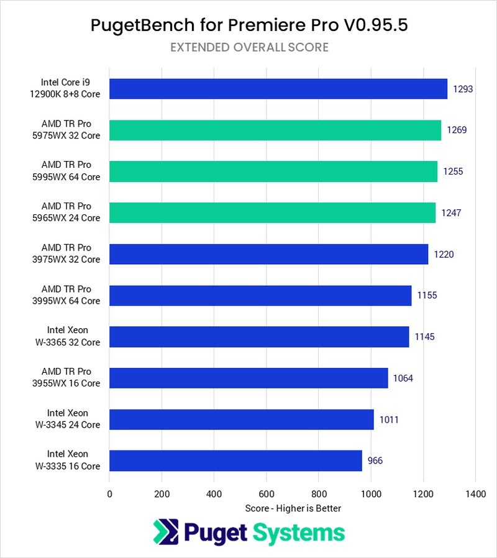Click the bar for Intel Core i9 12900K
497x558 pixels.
(x=278, y=89)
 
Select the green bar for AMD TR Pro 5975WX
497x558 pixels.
(x=275, y=130)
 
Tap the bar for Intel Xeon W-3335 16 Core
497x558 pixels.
(x=235, y=460)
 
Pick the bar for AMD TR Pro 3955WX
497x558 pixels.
(x=248, y=378)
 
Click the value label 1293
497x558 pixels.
(x=463, y=89)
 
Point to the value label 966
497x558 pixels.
(x=375, y=460)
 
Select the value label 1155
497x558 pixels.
(x=426, y=295)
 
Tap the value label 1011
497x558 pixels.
(x=388, y=419)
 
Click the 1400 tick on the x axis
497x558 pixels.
(x=475, y=494)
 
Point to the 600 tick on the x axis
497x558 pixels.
(x=267, y=494)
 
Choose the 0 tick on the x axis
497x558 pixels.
(x=110, y=494)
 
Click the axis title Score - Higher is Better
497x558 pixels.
(x=293, y=508)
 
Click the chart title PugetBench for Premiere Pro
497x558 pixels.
(x=248, y=25)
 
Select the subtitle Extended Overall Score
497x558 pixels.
(x=248, y=47)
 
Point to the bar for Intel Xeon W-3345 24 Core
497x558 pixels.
(x=242, y=419)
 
